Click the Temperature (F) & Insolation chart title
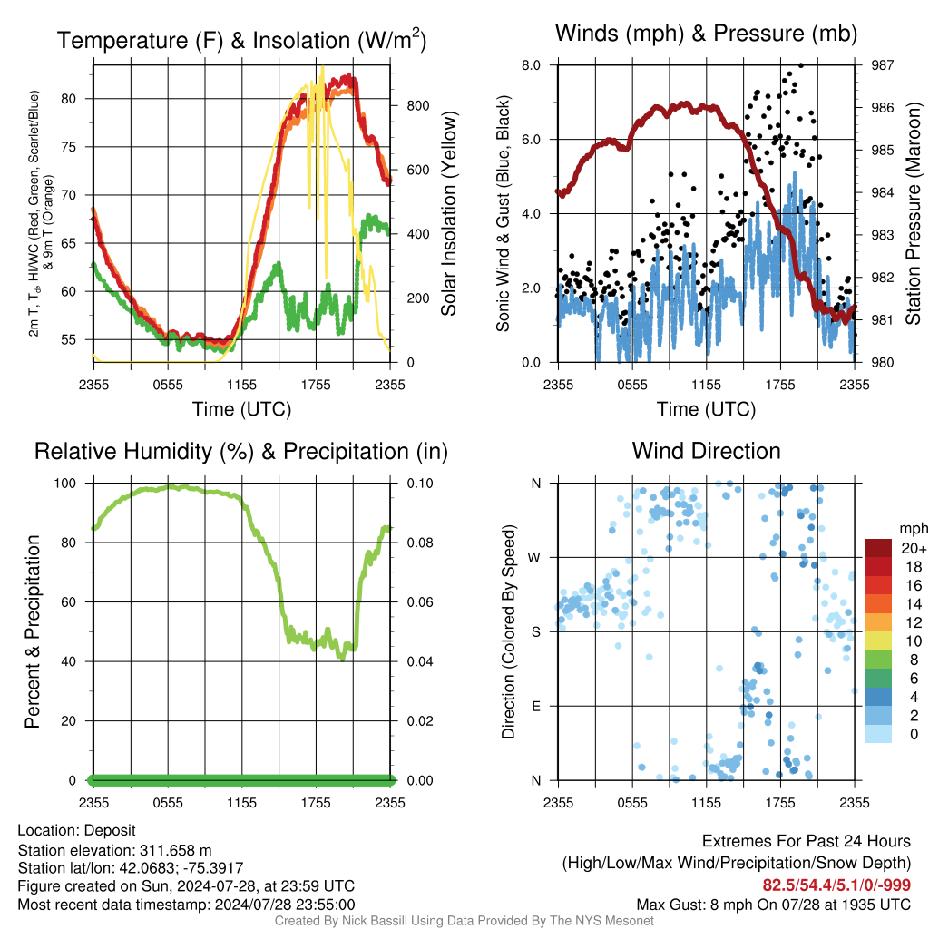tap(241, 40)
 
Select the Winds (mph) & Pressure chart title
tap(706, 34)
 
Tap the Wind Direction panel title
tap(706, 451)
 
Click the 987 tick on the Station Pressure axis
tap(882, 65)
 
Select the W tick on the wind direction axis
tap(535, 557)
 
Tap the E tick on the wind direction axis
tap(535, 706)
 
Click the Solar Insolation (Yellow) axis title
tap(448, 214)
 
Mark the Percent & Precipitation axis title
tap(33, 631)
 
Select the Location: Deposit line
tap(76, 831)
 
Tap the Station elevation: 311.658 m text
tap(114, 850)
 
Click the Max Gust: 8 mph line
tap(774, 904)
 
